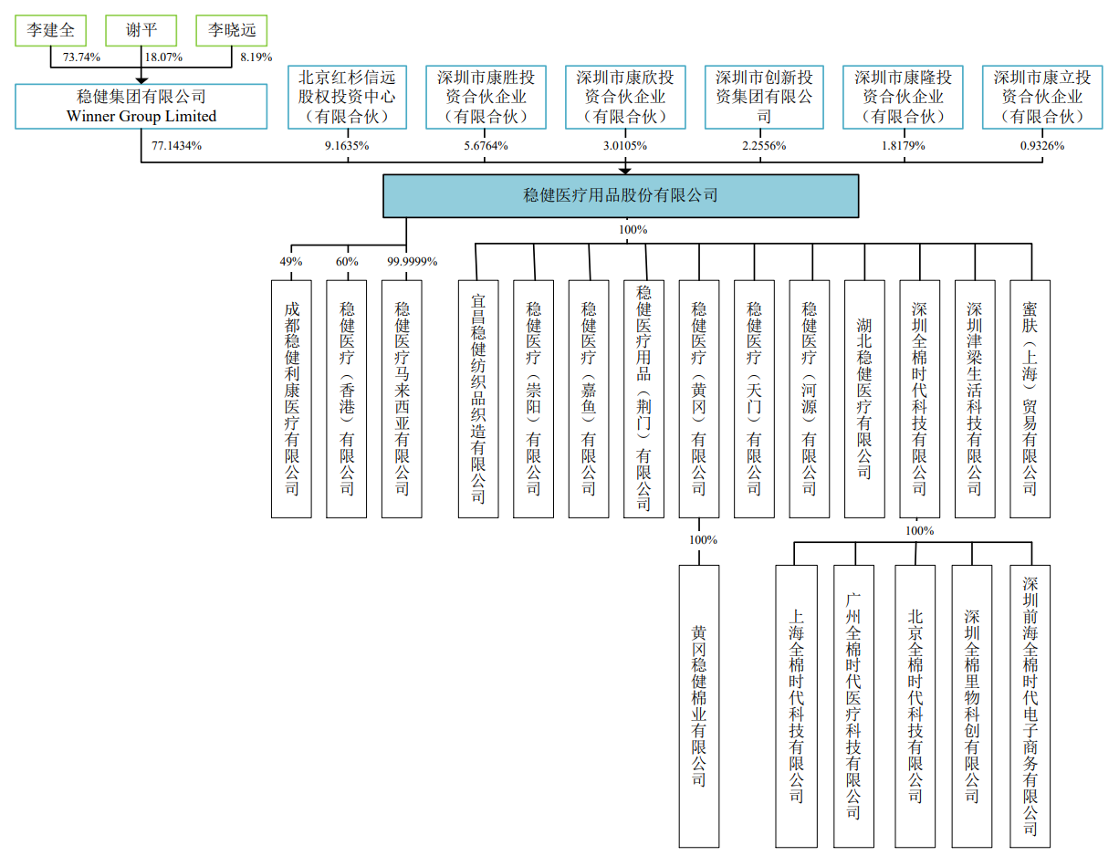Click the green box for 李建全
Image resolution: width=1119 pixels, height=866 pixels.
[x=50, y=31]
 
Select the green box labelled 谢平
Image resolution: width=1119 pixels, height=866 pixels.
[x=141, y=31]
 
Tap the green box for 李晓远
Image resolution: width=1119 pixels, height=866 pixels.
[x=232, y=31]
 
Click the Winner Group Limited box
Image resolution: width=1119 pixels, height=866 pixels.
[x=141, y=106]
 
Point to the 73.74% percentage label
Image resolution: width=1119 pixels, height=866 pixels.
[x=81, y=57]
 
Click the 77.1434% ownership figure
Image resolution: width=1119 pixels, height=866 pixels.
[x=177, y=145]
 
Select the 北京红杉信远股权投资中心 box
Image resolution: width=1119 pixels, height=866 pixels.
[x=347, y=97]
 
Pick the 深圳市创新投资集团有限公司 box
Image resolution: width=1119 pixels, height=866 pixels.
[x=764, y=97]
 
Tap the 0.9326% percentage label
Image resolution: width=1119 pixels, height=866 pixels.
[x=1041, y=145]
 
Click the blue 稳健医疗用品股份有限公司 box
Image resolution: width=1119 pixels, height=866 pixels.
[x=621, y=195]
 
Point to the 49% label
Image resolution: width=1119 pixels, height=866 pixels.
[x=291, y=262]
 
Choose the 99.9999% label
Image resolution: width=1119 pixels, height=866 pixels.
[x=412, y=262]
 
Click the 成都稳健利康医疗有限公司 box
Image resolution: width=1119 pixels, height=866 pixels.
[x=291, y=399]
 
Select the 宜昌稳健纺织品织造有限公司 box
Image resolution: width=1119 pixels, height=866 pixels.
[x=478, y=399]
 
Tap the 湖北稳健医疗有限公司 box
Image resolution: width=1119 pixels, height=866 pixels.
[x=864, y=399]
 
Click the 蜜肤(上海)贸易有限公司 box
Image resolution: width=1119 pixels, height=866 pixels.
[x=1030, y=399]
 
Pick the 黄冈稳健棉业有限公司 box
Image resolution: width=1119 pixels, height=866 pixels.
[x=698, y=705]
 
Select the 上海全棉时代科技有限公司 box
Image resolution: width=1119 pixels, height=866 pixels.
[x=796, y=705]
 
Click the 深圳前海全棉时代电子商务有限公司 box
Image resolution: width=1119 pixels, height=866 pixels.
[x=1030, y=705]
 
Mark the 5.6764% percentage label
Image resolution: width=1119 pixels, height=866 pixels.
[x=486, y=145]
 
